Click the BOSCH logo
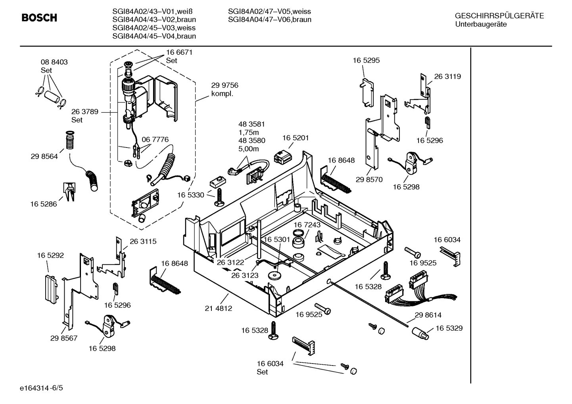tap(39, 18)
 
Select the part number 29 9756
tap(225, 85)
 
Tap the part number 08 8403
tap(54, 62)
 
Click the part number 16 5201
tap(296, 138)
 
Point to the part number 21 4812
tap(218, 308)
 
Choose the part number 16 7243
tap(307, 225)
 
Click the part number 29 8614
tap(428, 315)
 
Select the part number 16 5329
tap(449, 328)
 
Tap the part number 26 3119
tap(447, 77)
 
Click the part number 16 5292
tap(50, 256)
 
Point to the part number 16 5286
tap(44, 204)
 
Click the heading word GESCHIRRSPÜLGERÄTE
tap(499, 16)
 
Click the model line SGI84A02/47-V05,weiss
tap(269, 11)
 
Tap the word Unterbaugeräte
tap(481, 24)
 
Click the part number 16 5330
tap(190, 195)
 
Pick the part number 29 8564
tap(44, 157)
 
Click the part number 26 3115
tap(143, 241)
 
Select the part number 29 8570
tap(369, 180)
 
